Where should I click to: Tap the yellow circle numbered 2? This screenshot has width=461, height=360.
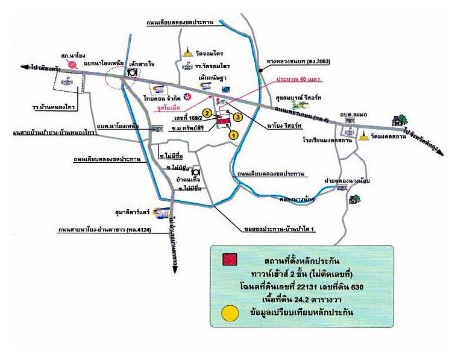(x=206, y=113)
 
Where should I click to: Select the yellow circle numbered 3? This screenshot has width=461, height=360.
(x=239, y=116)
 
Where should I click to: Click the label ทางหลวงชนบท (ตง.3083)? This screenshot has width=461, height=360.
(x=301, y=62)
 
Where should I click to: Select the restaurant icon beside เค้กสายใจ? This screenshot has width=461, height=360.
(x=131, y=71)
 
